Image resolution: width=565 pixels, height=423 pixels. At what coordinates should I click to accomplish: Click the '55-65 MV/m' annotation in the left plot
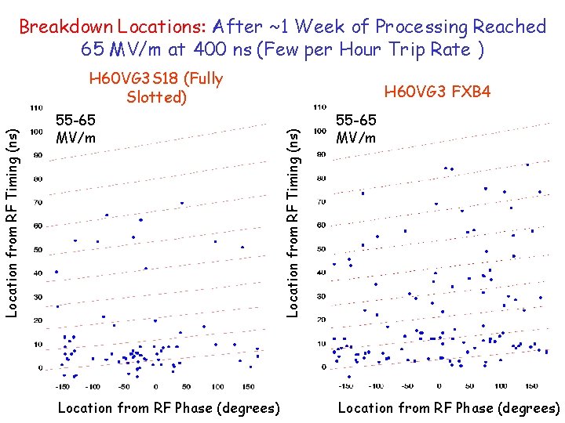(x=76, y=128)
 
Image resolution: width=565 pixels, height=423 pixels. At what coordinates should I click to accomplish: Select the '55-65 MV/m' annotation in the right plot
(x=356, y=128)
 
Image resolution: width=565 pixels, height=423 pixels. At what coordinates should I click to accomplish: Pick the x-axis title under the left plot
(x=169, y=408)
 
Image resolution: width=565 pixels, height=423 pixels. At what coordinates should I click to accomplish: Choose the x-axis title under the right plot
(x=449, y=408)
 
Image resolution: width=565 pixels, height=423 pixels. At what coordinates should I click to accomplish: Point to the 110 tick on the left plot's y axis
(x=36, y=107)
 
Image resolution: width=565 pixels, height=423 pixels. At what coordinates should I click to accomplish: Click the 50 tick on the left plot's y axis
(x=38, y=250)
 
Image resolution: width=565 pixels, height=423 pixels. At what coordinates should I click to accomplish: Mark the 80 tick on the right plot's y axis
(x=321, y=178)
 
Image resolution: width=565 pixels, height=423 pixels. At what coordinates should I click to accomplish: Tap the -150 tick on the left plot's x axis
(x=61, y=386)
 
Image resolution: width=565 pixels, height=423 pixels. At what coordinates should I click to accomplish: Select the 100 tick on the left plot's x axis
(x=217, y=386)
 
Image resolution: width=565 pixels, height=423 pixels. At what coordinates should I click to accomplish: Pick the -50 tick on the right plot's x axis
(x=407, y=385)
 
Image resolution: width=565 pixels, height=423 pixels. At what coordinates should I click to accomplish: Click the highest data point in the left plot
(x=182, y=203)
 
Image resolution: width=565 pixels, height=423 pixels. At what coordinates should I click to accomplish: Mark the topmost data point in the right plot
(x=528, y=164)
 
